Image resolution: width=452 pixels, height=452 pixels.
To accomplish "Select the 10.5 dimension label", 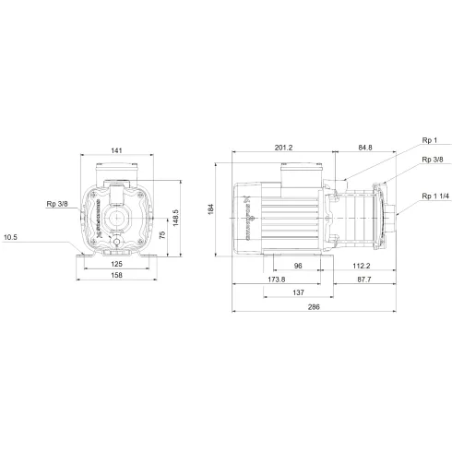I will point(12,237).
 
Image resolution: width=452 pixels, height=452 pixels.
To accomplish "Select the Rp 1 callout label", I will point(428,140).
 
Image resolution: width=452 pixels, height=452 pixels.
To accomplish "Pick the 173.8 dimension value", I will point(275,279).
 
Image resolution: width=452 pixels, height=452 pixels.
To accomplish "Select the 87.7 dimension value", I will point(366,279).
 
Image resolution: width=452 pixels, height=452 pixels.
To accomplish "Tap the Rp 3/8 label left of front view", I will point(57,205).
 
